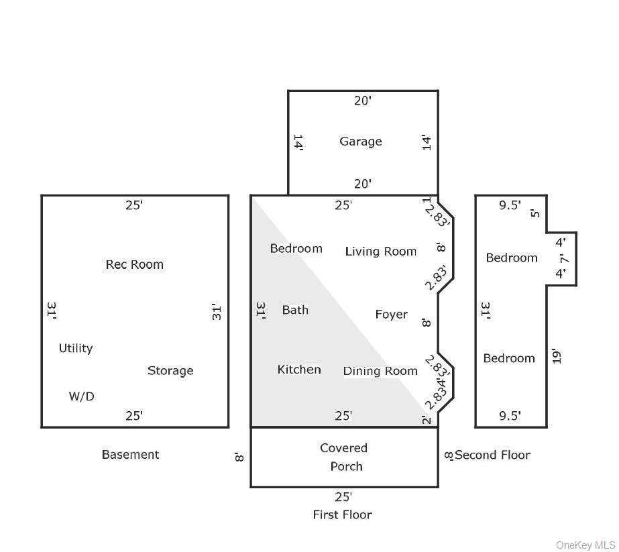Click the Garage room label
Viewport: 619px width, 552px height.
[x=360, y=142]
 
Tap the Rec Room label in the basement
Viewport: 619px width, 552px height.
[x=134, y=264]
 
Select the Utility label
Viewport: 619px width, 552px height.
[x=76, y=348]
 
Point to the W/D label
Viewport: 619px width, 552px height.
[x=81, y=396]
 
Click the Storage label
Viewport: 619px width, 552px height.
[x=170, y=371]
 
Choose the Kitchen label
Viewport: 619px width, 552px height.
[x=299, y=370]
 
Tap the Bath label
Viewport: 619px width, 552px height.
[x=295, y=310]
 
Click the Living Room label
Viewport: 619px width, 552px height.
[x=380, y=252]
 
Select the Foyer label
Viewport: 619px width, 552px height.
[x=391, y=314]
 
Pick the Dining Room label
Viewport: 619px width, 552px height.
[x=380, y=371]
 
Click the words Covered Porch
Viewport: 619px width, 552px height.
[x=344, y=457]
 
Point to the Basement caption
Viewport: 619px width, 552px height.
[x=130, y=455]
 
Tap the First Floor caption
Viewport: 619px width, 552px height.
[x=342, y=514]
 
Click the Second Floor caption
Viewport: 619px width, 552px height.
[x=492, y=455]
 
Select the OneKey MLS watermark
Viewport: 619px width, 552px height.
[x=585, y=545]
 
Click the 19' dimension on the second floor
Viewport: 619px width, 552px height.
[x=556, y=355]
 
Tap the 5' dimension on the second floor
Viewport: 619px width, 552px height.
[x=534, y=213]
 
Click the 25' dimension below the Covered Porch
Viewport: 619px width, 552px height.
[x=343, y=497]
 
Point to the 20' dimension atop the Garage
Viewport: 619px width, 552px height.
[x=363, y=101]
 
